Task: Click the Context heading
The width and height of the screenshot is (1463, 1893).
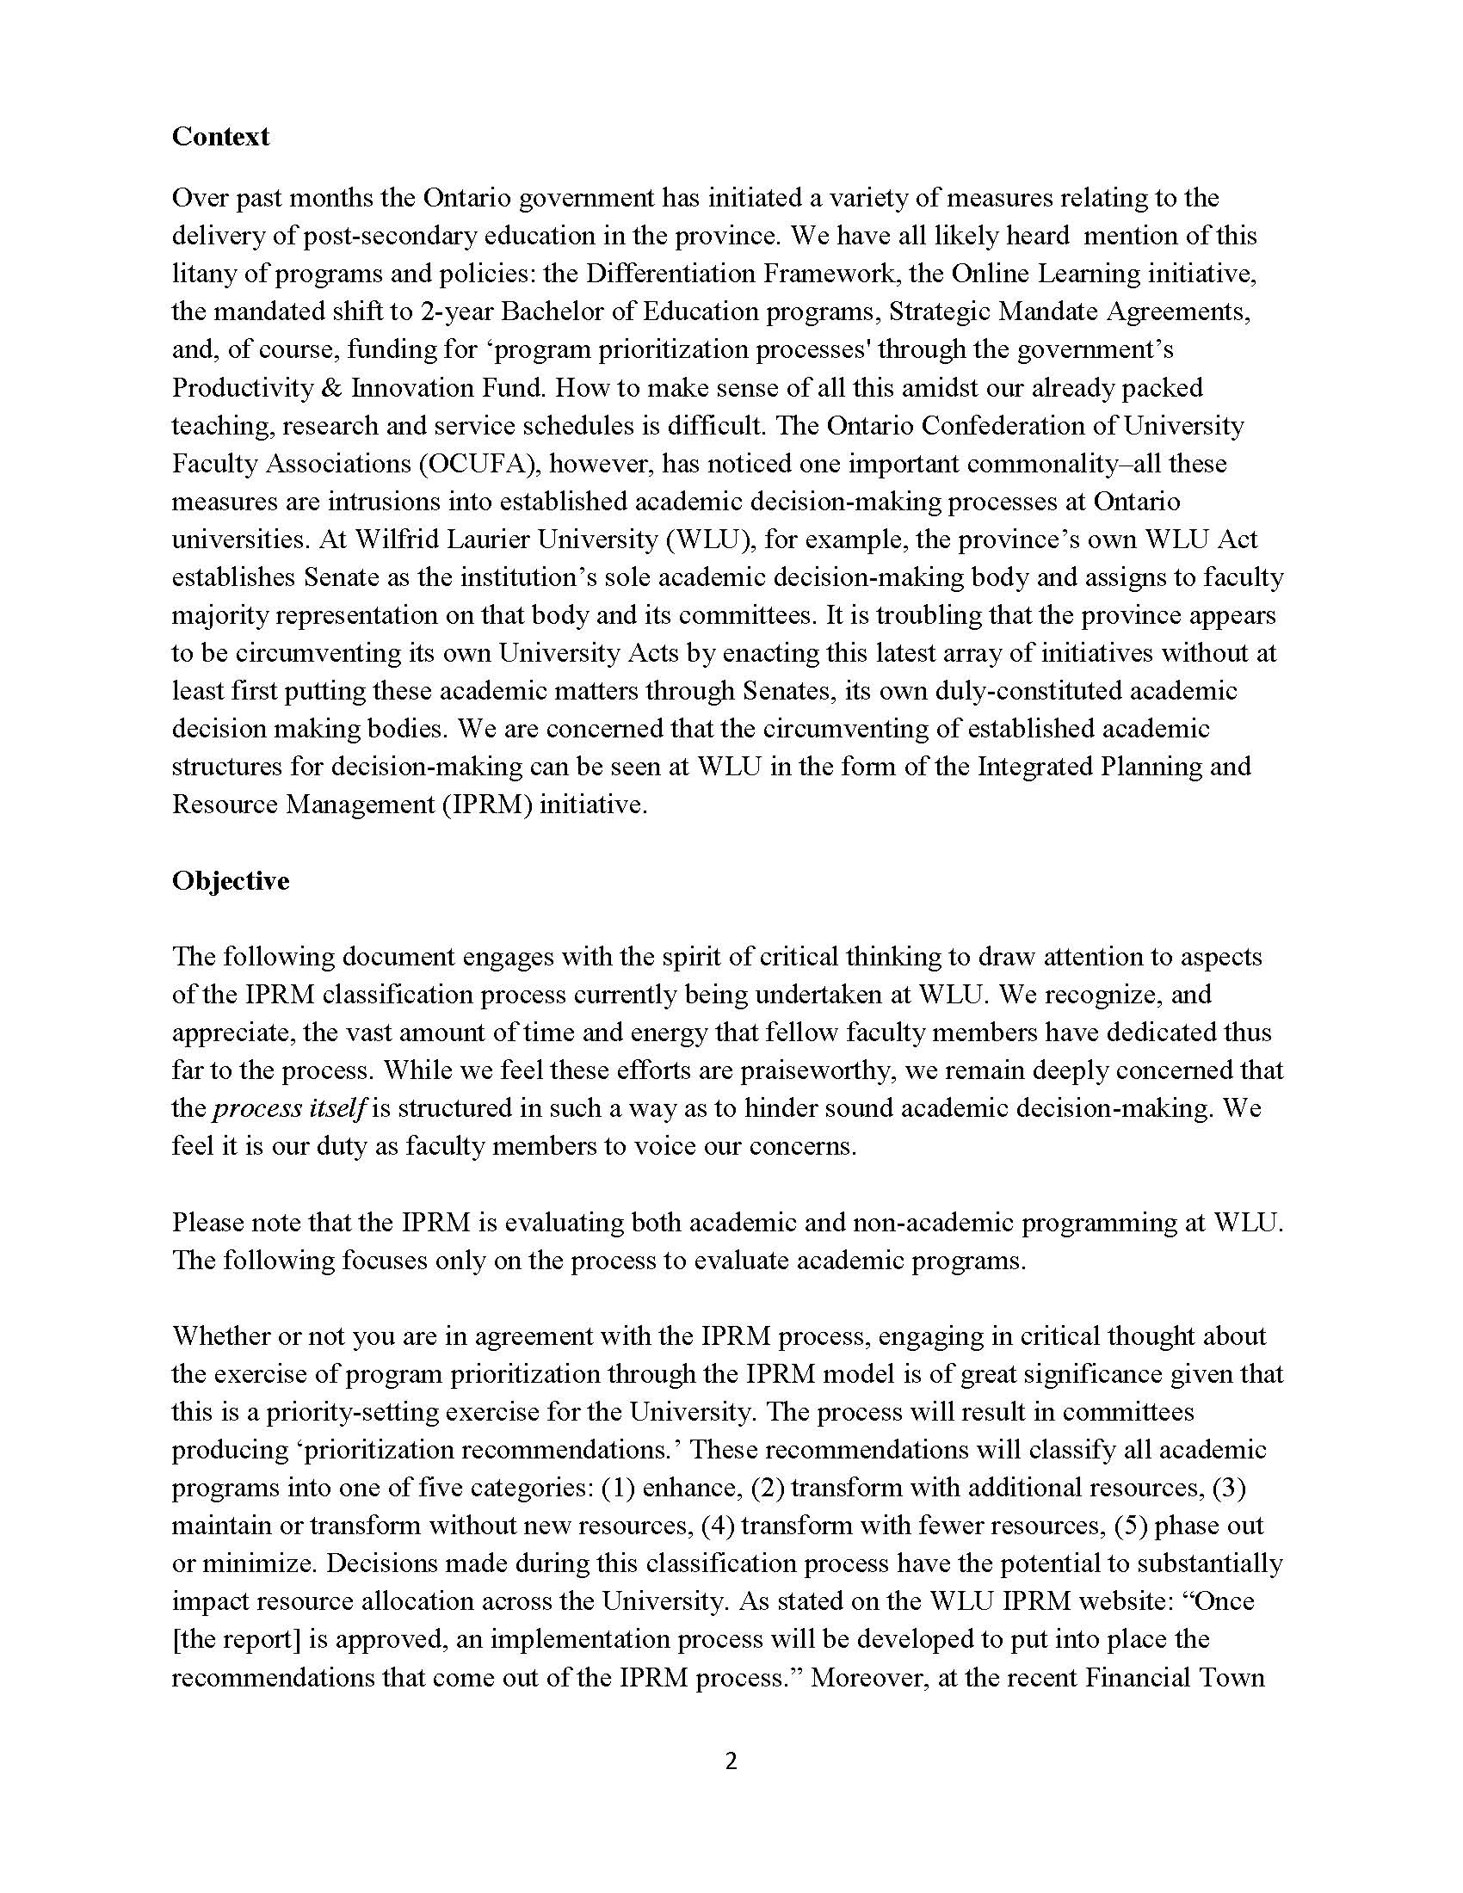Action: [x=220, y=136]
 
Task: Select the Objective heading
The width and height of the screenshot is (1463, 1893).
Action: [x=231, y=880]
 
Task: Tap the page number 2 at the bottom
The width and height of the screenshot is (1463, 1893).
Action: [x=731, y=1760]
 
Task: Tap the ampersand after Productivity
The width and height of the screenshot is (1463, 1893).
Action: [x=330, y=387]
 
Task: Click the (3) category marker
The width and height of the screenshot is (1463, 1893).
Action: [x=1228, y=1488]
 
